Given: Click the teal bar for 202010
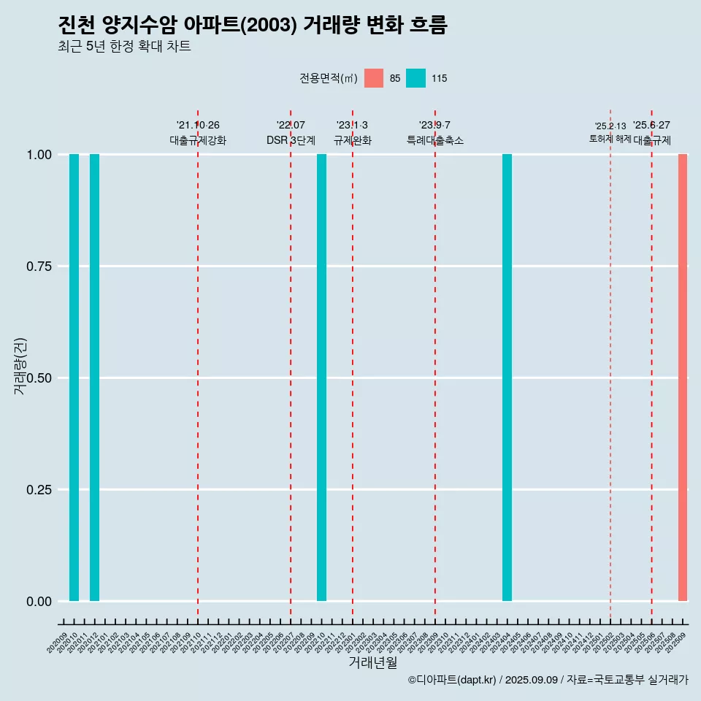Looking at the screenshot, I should click(x=74, y=378).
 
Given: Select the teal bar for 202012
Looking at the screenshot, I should click(x=94, y=378).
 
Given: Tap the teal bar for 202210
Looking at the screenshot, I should click(x=321, y=378).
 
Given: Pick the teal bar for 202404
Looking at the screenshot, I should click(x=507, y=378).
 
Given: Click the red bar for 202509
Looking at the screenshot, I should click(x=683, y=378).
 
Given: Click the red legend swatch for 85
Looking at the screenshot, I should click(x=374, y=78).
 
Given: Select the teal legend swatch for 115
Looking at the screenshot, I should click(x=415, y=78).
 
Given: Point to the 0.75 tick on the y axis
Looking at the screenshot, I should click(x=39, y=267).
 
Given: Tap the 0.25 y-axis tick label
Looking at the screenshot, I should click(x=39, y=490).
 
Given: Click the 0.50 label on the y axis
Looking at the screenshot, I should click(x=39, y=378).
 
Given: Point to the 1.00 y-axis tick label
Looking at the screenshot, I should click(x=39, y=155).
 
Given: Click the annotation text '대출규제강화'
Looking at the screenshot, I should click(x=198, y=140).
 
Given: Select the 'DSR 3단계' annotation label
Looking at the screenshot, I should click(x=291, y=140).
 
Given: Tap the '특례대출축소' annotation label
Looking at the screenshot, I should click(x=435, y=140).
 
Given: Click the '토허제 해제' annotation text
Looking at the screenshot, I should click(x=610, y=139).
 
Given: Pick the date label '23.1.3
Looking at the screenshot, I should click(x=352, y=126).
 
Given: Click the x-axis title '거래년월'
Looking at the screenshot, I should click(x=372, y=662).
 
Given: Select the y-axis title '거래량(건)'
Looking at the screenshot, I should click(x=20, y=366).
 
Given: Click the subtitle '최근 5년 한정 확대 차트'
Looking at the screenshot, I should click(x=124, y=47).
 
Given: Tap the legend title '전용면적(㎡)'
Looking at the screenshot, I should click(x=328, y=78).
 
